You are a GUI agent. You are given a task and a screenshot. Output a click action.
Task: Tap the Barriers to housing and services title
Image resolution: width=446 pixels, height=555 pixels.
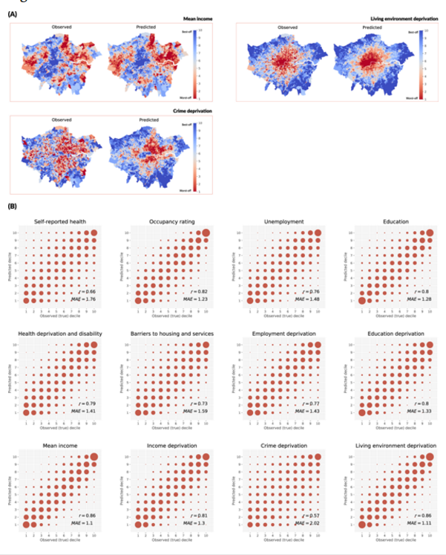[x=171, y=334]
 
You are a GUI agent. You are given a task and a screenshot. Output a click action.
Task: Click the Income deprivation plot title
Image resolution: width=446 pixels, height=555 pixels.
[x=171, y=445]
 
